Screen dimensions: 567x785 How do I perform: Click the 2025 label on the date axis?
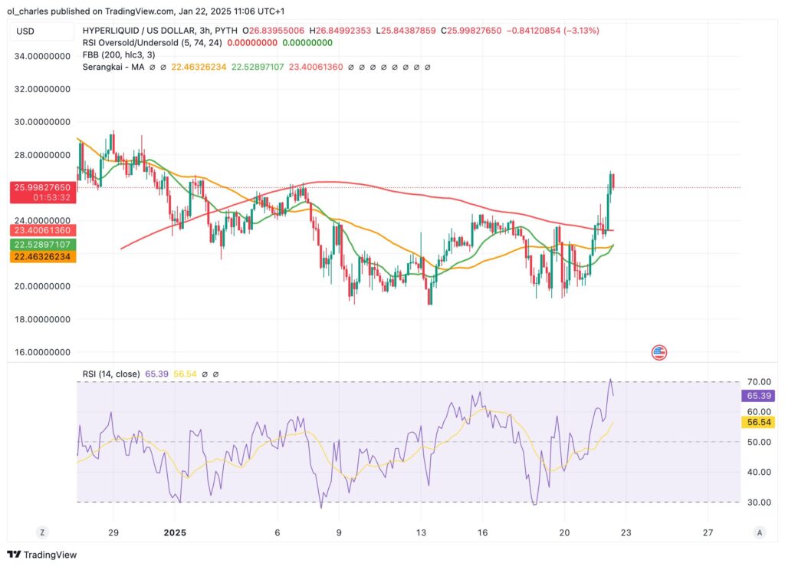(x=176, y=532)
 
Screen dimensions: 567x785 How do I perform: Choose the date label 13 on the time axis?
(x=420, y=532)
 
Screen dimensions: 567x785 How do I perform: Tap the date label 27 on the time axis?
(x=708, y=532)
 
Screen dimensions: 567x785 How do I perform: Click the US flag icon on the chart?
(x=659, y=353)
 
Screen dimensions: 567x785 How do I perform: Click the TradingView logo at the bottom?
(x=43, y=555)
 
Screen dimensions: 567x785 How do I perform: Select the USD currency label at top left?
(x=25, y=31)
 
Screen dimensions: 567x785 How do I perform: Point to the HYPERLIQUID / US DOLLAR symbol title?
(x=138, y=31)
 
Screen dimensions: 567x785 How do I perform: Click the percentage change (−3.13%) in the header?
(x=580, y=31)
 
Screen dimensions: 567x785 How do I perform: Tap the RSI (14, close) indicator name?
(x=111, y=374)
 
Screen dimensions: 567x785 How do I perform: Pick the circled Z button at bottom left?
(x=43, y=532)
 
